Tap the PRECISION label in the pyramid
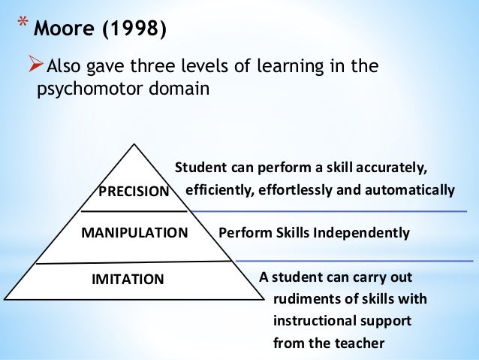coord(134,192)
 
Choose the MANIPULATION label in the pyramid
coord(134,233)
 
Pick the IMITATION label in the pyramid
coord(127,280)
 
